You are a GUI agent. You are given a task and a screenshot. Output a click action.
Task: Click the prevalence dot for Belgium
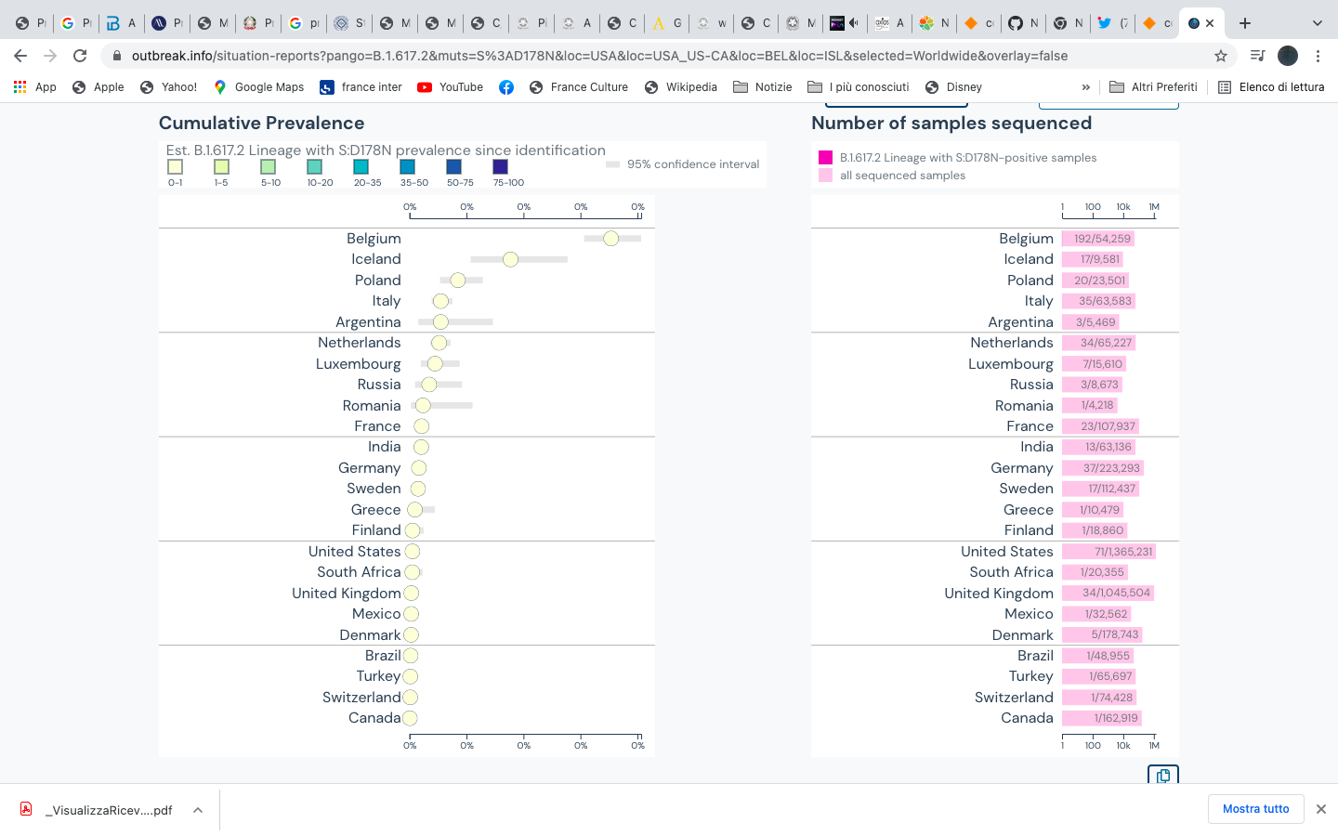[610, 239]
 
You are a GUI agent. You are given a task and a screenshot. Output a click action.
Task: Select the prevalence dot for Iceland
[510, 259]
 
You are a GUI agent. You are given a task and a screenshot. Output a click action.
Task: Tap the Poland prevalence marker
[457, 280]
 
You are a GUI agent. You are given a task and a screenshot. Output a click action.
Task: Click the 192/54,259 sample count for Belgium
[1102, 239]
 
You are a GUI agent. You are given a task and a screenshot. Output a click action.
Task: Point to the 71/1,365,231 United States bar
[1109, 552]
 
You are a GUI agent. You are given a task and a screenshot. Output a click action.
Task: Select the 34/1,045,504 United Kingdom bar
[1108, 593]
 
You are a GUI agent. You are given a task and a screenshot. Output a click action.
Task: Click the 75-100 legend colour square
[500, 167]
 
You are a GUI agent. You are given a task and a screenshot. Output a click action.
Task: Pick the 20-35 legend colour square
[361, 167]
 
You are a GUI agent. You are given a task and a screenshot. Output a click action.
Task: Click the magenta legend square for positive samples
[825, 158]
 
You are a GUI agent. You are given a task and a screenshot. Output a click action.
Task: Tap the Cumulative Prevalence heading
[261, 124]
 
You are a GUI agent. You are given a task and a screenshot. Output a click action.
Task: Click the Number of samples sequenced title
[951, 124]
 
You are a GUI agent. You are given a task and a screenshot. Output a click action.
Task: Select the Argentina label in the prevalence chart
[368, 322]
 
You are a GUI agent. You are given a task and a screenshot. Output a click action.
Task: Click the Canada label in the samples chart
[1027, 718]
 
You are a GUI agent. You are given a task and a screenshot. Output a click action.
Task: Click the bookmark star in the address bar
[1220, 56]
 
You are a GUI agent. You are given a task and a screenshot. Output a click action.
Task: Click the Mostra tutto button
[1255, 809]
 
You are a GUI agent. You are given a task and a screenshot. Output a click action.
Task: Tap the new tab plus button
[1245, 23]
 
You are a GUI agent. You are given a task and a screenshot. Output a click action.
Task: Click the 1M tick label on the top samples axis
[1154, 207]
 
